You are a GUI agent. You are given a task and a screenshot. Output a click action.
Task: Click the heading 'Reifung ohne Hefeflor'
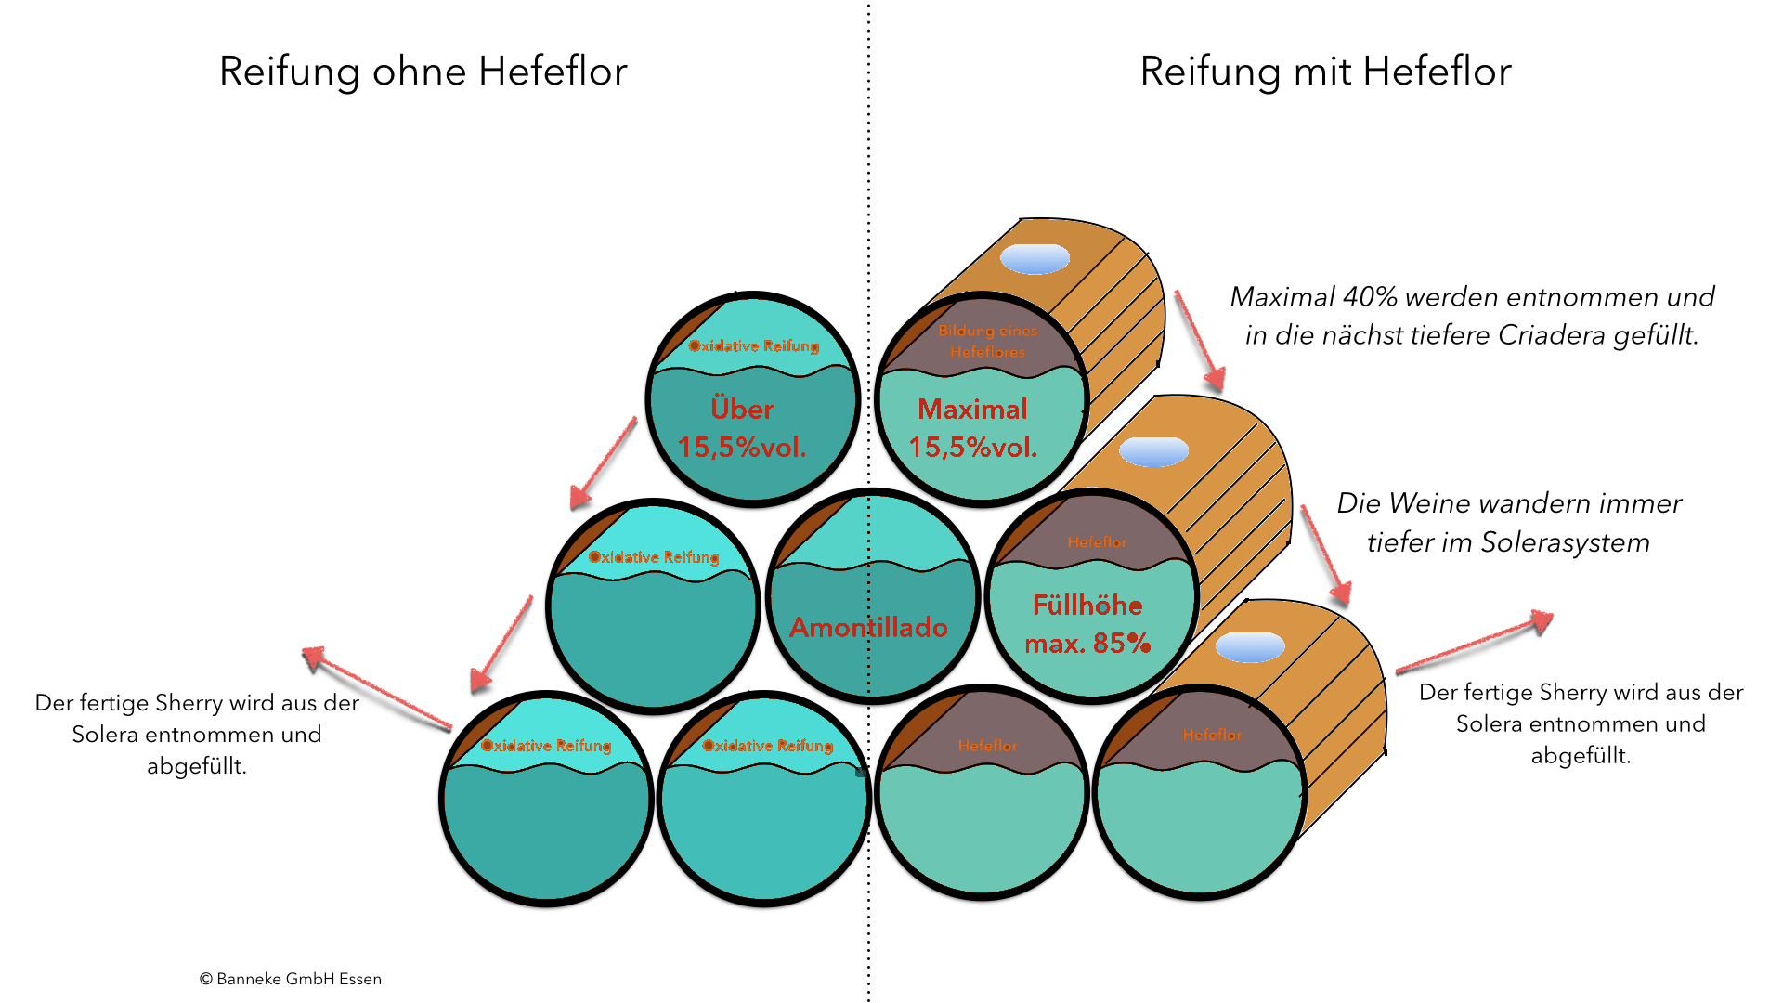423,72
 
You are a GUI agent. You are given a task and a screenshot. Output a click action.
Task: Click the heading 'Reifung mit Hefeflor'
1325,72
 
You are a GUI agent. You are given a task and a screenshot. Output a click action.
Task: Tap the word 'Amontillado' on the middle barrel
868,628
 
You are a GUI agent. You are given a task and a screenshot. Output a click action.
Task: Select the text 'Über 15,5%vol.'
742,428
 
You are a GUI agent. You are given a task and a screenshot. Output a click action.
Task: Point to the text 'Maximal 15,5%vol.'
972,428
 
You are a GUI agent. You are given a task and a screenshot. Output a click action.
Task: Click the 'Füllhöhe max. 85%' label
1087,624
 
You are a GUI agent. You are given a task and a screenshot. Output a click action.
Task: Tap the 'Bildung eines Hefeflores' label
987,341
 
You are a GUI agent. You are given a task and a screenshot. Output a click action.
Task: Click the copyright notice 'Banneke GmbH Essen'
290,979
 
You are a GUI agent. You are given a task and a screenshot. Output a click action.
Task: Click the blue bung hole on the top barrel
1035,259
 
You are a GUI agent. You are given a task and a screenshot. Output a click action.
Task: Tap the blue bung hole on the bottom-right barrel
1250,646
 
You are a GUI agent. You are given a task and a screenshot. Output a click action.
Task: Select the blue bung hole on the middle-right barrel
1153,452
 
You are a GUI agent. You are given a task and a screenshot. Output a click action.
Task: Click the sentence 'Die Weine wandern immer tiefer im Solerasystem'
1509,523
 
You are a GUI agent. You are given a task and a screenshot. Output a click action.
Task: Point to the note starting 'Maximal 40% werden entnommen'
1472,316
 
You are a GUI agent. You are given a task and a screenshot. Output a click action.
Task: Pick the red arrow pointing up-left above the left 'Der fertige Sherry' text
376,687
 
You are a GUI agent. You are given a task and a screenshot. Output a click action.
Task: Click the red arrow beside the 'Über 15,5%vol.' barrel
604,462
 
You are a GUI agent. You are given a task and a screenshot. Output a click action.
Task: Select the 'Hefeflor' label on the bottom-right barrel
1212,736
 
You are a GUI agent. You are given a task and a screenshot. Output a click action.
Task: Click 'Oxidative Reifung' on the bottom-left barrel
546,746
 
